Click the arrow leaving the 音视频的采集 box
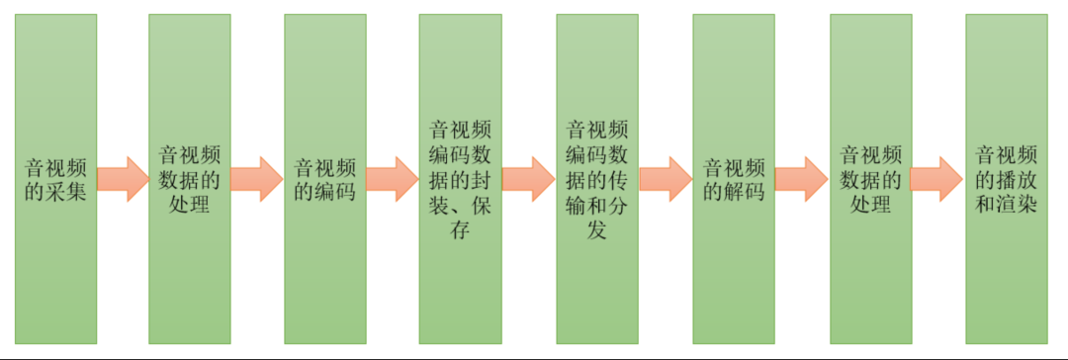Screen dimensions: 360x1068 [x=123, y=179]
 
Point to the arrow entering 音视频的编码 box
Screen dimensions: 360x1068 [x=257, y=179]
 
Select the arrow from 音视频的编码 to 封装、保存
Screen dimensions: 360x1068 [x=393, y=179]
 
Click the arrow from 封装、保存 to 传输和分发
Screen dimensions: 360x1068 [x=529, y=179]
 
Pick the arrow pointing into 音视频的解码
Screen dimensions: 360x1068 [x=666, y=179]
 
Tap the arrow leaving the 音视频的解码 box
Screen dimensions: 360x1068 [x=801, y=179]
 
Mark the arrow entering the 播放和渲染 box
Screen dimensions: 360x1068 [x=936, y=179]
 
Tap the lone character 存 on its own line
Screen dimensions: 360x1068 [x=460, y=232]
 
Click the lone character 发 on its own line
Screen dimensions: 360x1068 [x=596, y=232]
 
